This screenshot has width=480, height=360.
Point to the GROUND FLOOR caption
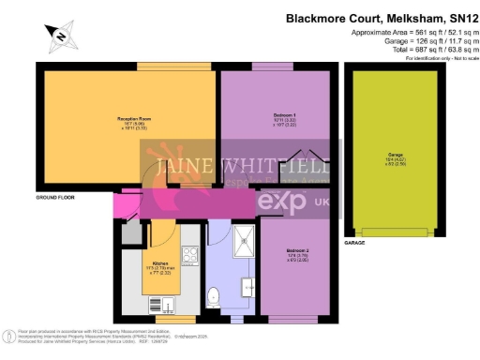pos(56,199)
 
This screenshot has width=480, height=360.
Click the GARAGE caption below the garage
pos(355,242)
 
